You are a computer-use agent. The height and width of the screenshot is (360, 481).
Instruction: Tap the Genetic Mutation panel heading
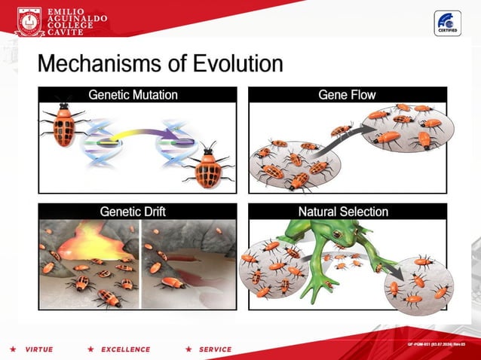[x=133, y=95]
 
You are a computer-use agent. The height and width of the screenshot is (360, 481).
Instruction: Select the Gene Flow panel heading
[x=347, y=95]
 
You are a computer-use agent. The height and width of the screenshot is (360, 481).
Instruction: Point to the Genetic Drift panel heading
[x=133, y=212]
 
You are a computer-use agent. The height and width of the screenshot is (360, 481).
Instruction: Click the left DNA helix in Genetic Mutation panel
[x=100, y=140]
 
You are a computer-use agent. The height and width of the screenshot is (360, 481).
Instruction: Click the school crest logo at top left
[x=29, y=21]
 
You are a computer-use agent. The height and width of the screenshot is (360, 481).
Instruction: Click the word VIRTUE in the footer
[x=38, y=349]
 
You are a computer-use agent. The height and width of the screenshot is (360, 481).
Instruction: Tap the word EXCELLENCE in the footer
[x=125, y=349]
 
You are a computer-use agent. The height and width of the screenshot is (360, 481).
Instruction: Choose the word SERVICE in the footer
[x=215, y=349]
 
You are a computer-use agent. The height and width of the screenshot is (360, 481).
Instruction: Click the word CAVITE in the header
[x=66, y=32]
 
